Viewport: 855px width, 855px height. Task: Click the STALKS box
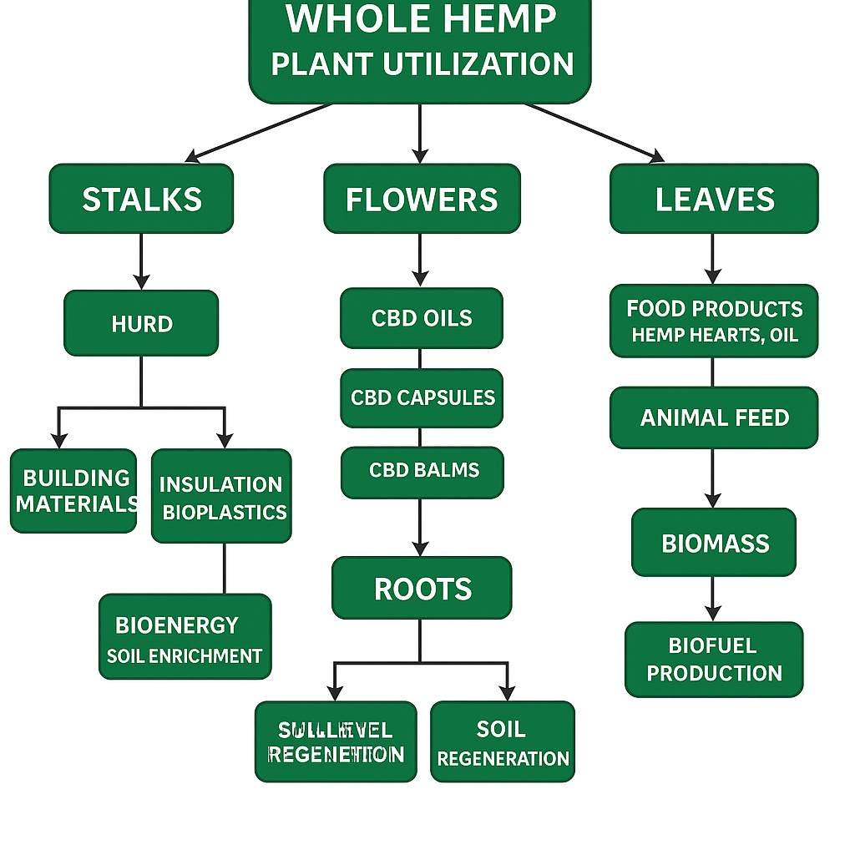pyautogui.click(x=141, y=199)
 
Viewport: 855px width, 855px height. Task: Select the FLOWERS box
pyautogui.click(x=422, y=199)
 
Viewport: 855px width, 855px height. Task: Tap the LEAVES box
pyautogui.click(x=714, y=199)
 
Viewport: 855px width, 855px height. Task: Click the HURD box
pyautogui.click(x=141, y=323)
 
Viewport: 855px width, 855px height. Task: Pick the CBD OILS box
pyautogui.click(x=422, y=318)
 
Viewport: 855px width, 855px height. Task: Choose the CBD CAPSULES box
pyautogui.click(x=422, y=397)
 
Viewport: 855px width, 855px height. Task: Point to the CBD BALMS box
pyautogui.click(x=422, y=470)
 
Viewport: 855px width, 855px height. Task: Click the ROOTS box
pyautogui.click(x=422, y=588)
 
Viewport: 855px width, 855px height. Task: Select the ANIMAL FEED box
pyautogui.click(x=714, y=417)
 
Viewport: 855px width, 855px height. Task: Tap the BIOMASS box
pyautogui.click(x=714, y=543)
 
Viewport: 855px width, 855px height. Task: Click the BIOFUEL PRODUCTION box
pyautogui.click(x=714, y=659)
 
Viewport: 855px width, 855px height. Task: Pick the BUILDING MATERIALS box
pyautogui.click(x=73, y=491)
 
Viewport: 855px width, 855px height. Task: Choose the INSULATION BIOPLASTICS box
pyautogui.click(x=222, y=497)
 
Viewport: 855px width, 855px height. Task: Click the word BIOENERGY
pyautogui.click(x=177, y=625)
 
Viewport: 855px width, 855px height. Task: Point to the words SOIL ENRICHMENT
pyautogui.click(x=185, y=656)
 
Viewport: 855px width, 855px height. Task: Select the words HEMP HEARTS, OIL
pyautogui.click(x=715, y=336)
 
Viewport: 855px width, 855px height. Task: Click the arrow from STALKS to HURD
pyautogui.click(x=141, y=261)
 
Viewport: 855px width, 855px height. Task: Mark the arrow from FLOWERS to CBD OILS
pyautogui.click(x=420, y=261)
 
